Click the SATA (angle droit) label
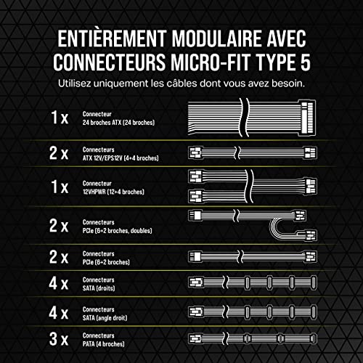tap(108, 314)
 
